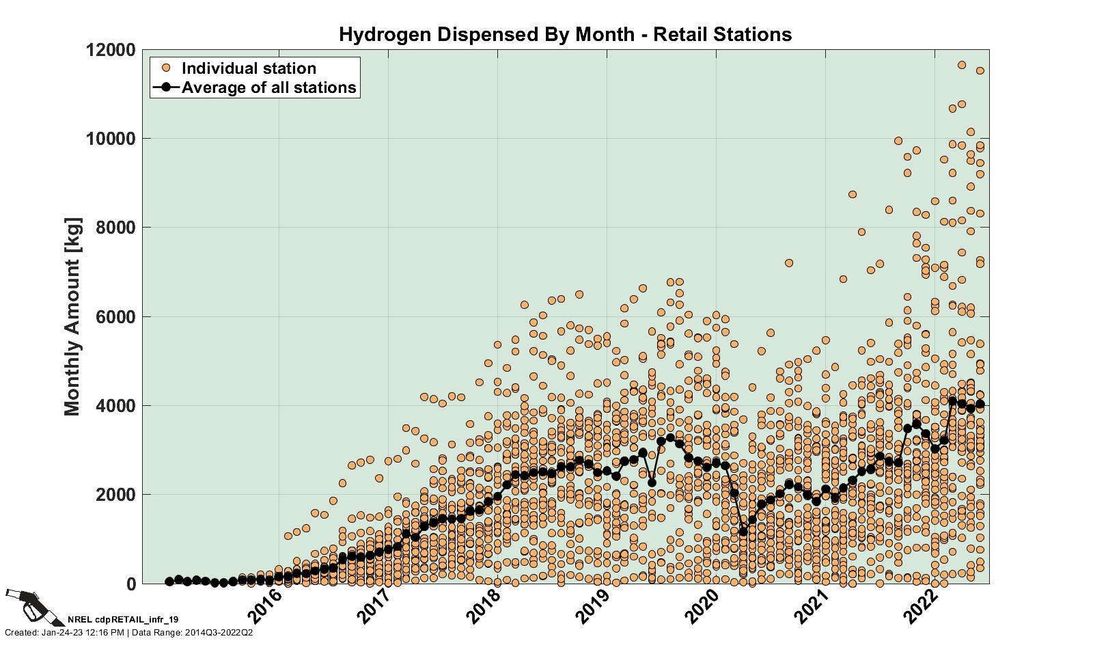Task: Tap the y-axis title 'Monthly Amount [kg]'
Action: (72, 316)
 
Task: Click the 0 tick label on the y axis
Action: (129, 584)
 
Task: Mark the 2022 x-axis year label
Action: (921, 606)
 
